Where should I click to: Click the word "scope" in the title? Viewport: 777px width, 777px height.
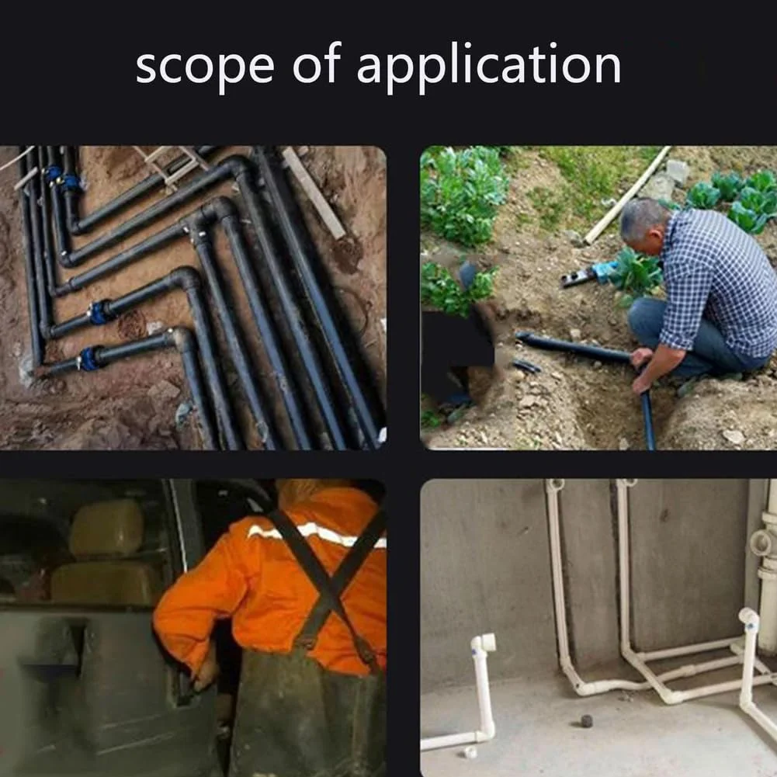point(205,67)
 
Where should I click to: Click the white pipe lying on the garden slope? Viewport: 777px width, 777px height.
point(627,196)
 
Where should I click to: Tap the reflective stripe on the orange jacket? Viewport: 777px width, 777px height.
point(317,535)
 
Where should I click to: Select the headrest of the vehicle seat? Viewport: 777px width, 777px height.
point(106,528)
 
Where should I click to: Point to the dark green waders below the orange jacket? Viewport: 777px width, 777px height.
point(307,713)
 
